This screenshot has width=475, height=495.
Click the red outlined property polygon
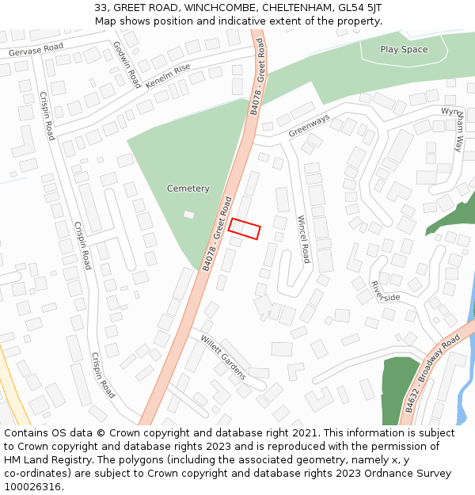click(245, 228)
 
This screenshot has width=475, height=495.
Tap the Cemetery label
click(188, 188)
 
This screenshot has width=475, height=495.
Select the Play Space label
click(404, 49)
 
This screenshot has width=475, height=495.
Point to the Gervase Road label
click(36, 49)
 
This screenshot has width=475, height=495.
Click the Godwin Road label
click(127, 65)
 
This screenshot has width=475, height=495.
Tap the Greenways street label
click(309, 125)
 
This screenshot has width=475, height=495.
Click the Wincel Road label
click(303, 239)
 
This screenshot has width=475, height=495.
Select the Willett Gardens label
click(223, 357)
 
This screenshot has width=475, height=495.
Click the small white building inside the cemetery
click(188, 215)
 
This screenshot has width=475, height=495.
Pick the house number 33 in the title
click(101, 7)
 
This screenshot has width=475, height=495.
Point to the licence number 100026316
click(32, 487)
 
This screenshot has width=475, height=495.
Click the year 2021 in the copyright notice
click(305, 433)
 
